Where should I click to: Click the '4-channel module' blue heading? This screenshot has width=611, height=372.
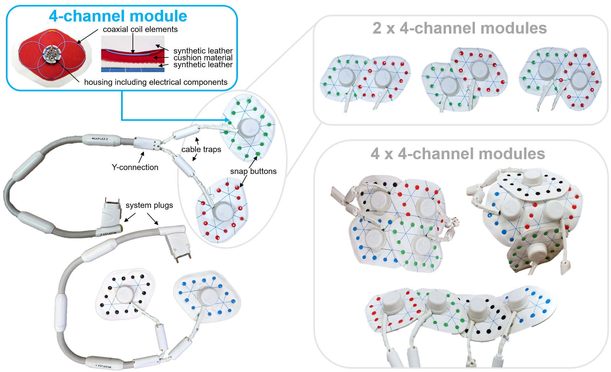[118, 16]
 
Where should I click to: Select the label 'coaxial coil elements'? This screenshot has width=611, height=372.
[140, 29]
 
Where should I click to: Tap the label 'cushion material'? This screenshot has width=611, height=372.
[203, 58]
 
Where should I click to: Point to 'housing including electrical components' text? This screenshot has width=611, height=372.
[156, 82]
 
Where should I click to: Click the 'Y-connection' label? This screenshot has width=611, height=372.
[135, 167]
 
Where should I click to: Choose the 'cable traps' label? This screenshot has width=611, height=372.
[201, 149]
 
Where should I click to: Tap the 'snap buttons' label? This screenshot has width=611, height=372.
[253, 171]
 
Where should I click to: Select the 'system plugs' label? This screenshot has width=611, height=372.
[149, 205]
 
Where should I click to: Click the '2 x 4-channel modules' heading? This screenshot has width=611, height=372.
[460, 28]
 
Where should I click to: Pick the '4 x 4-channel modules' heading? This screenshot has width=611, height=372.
[458, 154]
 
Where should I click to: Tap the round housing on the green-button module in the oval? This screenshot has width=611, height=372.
[249, 128]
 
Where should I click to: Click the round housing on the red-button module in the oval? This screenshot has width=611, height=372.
[223, 211]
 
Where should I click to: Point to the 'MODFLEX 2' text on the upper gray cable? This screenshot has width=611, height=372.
[100, 139]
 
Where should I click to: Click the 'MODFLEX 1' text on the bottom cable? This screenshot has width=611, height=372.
[103, 366]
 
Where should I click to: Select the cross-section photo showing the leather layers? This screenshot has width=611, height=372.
[133, 54]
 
